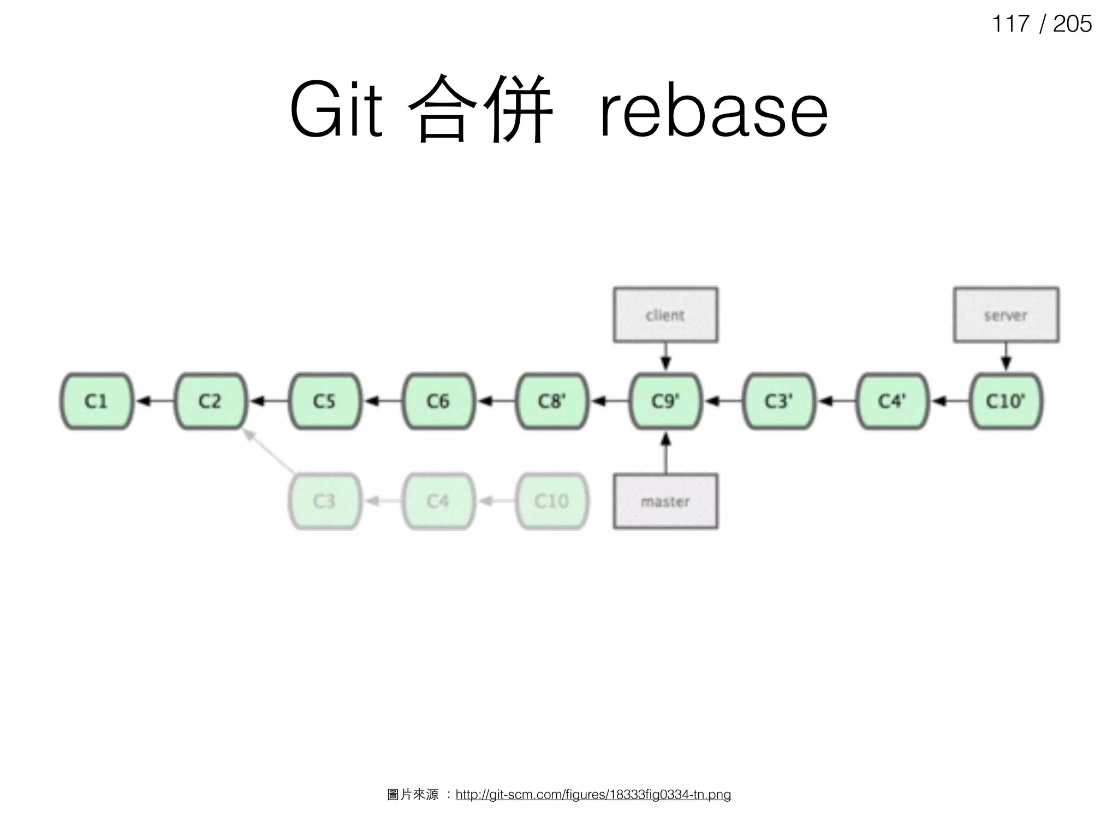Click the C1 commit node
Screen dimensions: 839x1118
pyautogui.click(x=97, y=401)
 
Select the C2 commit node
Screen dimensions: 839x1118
pyautogui.click(x=210, y=401)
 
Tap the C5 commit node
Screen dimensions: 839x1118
pyautogui.click(x=324, y=401)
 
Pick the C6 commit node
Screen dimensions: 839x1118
pyautogui.click(x=438, y=401)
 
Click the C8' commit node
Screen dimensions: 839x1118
pyautogui.click(x=552, y=401)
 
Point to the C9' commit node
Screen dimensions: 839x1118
pyautogui.click(x=665, y=401)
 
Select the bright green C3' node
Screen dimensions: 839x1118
pyautogui.click(x=779, y=401)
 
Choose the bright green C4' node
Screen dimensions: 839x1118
pyautogui.click(x=893, y=401)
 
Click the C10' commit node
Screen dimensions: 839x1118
pyautogui.click(x=1006, y=401)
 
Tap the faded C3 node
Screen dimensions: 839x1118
pyautogui.click(x=324, y=501)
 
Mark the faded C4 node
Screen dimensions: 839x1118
pyautogui.click(x=438, y=501)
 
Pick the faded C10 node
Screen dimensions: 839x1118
pyautogui.click(x=552, y=501)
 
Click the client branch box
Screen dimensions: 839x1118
pyautogui.click(x=665, y=315)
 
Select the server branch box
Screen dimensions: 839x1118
pyautogui.click(x=1006, y=315)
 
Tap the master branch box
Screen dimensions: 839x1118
pyautogui.click(x=665, y=501)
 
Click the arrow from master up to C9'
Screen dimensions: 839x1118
pyautogui.click(x=665, y=453)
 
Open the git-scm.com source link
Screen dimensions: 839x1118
pyautogui.click(x=593, y=794)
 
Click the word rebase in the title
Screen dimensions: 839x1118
pyautogui.click(x=713, y=111)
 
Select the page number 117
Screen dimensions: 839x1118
pyautogui.click(x=1010, y=24)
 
